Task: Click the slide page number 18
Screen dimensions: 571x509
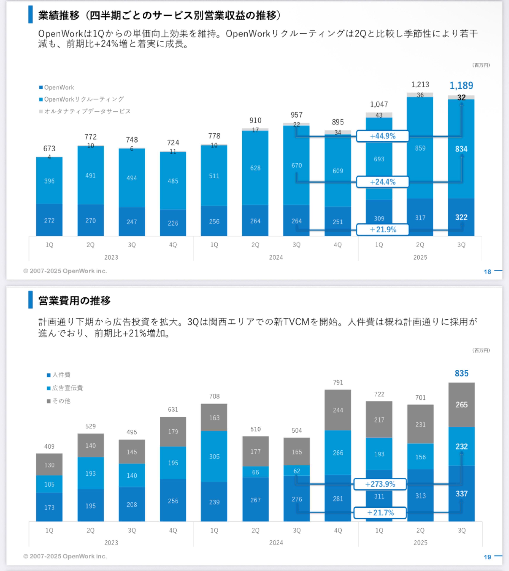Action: [x=487, y=272]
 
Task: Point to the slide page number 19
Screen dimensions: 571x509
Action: [x=487, y=557]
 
